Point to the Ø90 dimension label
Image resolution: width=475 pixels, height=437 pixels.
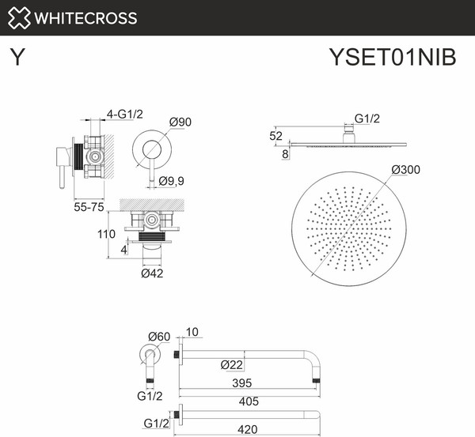coord(181,122)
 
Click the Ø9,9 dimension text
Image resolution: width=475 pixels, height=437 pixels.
coord(171,181)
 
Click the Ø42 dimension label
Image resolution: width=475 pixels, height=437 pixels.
coord(152,273)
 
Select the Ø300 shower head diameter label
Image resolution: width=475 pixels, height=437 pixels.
coord(405,170)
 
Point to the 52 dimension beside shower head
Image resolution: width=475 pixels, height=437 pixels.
coord(275,135)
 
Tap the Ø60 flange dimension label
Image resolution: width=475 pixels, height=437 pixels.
coord(158,337)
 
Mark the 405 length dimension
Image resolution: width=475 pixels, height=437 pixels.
coord(249,401)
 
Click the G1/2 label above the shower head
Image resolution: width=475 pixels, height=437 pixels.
coord(367,119)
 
